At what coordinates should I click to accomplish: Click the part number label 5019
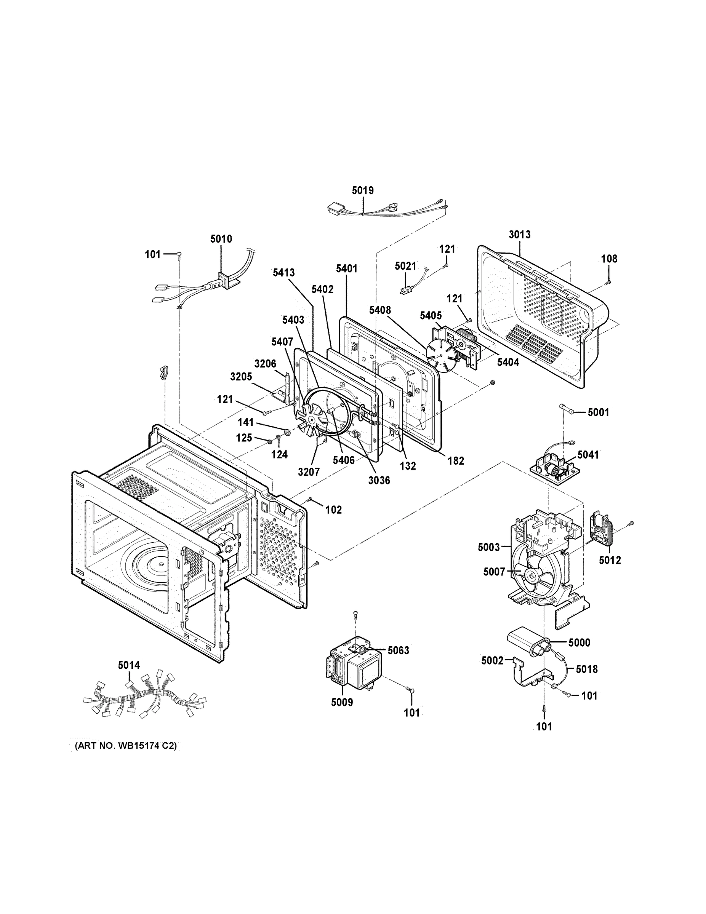click(x=362, y=191)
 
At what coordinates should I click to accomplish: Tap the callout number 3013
click(x=519, y=234)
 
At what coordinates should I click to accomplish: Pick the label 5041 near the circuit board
click(x=588, y=454)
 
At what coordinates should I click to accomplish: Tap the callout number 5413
click(x=283, y=272)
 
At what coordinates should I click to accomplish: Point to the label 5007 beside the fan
click(x=494, y=572)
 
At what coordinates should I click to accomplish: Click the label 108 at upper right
click(x=609, y=259)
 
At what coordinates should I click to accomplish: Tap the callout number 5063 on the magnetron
click(x=398, y=650)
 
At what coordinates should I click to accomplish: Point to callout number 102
click(x=333, y=510)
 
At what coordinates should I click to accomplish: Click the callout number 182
click(x=456, y=461)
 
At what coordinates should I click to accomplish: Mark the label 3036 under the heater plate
click(x=379, y=481)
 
